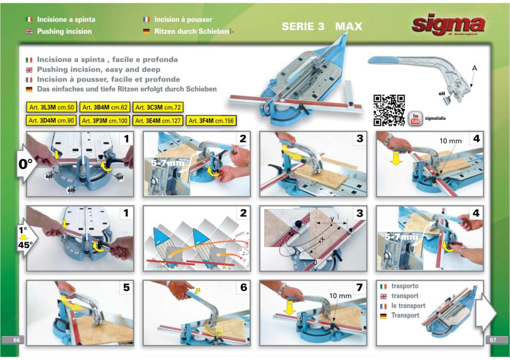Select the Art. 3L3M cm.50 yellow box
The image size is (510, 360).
pos(52,107)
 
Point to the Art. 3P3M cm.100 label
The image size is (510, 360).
pos(105,120)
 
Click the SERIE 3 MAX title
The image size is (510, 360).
pos(321,26)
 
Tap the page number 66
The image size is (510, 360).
pos(16,339)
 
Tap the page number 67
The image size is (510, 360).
pos(493,339)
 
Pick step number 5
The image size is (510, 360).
pos(127,288)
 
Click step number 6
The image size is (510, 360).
pos(243,288)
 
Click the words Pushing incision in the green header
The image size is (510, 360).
pos(64,32)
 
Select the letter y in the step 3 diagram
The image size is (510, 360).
pos(331,219)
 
